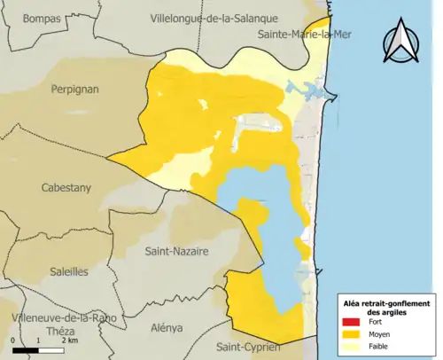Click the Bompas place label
point(42,18)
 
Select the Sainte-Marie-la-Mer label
point(303,35)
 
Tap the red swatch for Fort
point(350,321)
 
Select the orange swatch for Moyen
point(350,334)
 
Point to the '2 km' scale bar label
point(69,340)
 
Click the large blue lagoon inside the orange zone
point(266,239)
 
